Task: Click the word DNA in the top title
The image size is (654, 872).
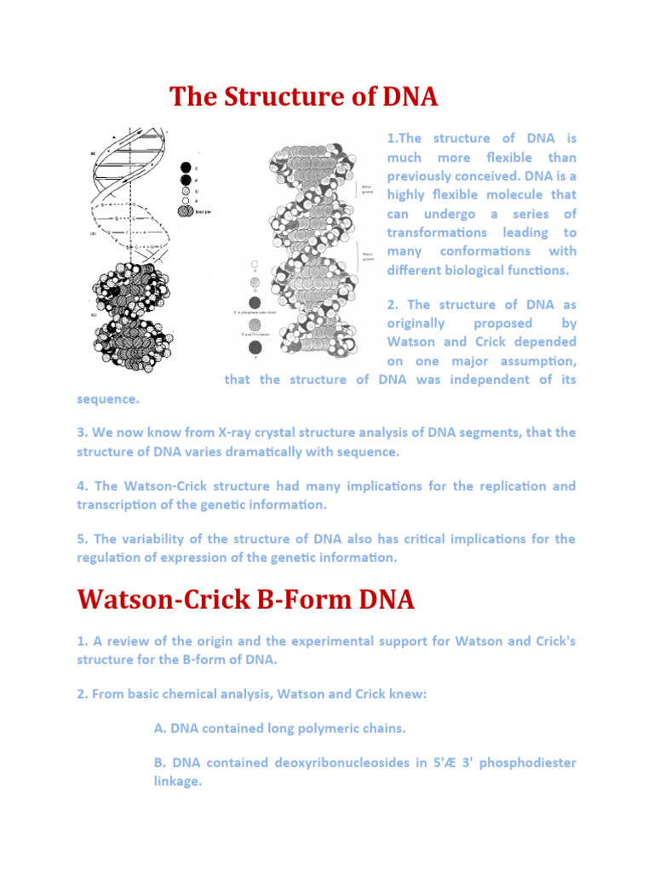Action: click(404, 97)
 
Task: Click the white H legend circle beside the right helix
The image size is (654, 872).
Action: click(255, 267)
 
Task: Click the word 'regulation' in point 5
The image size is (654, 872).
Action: click(111, 558)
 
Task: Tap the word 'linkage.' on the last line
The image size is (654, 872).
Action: click(171, 781)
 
